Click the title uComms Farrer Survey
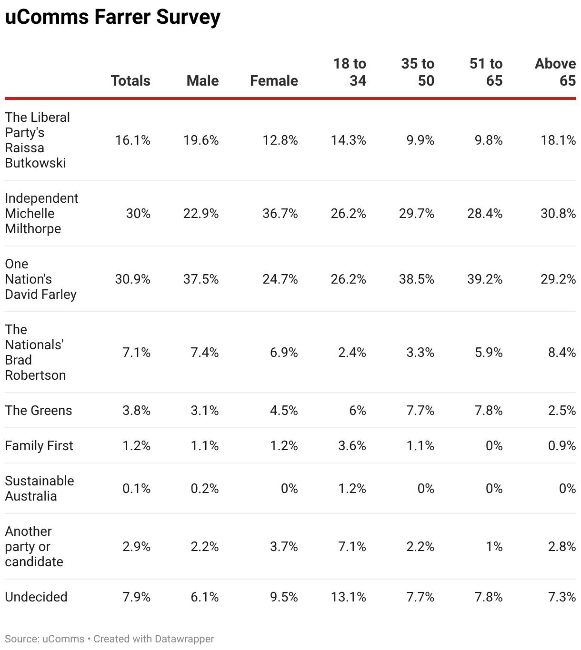click(112, 17)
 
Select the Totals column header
click(130, 80)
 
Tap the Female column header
click(274, 80)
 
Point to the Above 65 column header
click(555, 72)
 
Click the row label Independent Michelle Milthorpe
click(41, 213)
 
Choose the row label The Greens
click(39, 410)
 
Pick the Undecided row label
click(36, 597)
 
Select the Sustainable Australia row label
click(40, 488)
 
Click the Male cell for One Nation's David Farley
click(201, 279)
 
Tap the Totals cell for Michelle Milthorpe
click(138, 213)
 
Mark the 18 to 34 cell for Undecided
click(349, 597)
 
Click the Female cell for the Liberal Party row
click(280, 140)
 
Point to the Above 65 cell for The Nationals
click(562, 352)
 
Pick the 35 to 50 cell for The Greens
click(420, 410)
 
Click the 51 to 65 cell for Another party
click(494, 546)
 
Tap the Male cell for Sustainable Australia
click(205, 488)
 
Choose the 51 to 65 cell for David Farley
click(485, 279)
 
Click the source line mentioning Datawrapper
click(110, 639)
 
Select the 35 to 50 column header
click(418, 72)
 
